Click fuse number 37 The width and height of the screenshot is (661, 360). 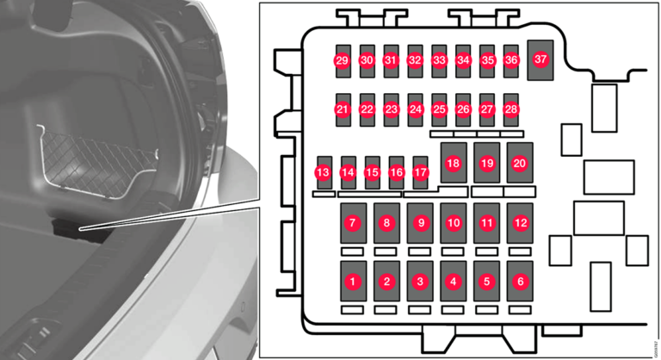coord(541,60)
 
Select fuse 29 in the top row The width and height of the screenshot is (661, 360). coord(343,61)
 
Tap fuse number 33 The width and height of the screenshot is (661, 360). coord(439,61)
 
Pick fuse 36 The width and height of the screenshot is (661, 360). coord(511,61)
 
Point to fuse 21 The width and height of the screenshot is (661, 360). coord(343,110)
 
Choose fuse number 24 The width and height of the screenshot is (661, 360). coord(415,110)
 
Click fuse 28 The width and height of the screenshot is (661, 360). coord(511,110)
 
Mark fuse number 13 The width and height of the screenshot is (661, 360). coord(324,172)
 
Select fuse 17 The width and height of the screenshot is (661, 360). coord(420,172)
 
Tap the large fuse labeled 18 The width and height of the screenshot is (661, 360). coord(454,163)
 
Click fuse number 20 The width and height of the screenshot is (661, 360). coord(520,163)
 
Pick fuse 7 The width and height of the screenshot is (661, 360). coord(353,223)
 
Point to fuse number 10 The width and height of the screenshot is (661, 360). coord(454,223)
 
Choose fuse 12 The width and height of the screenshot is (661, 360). coord(520,223)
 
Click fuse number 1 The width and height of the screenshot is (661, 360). coord(353,281)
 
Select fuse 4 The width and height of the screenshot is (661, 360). coord(454,281)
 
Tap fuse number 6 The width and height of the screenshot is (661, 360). coord(520,281)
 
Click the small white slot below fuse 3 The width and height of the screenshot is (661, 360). coord(419,310)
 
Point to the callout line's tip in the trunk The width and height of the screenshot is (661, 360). coord(80,230)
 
